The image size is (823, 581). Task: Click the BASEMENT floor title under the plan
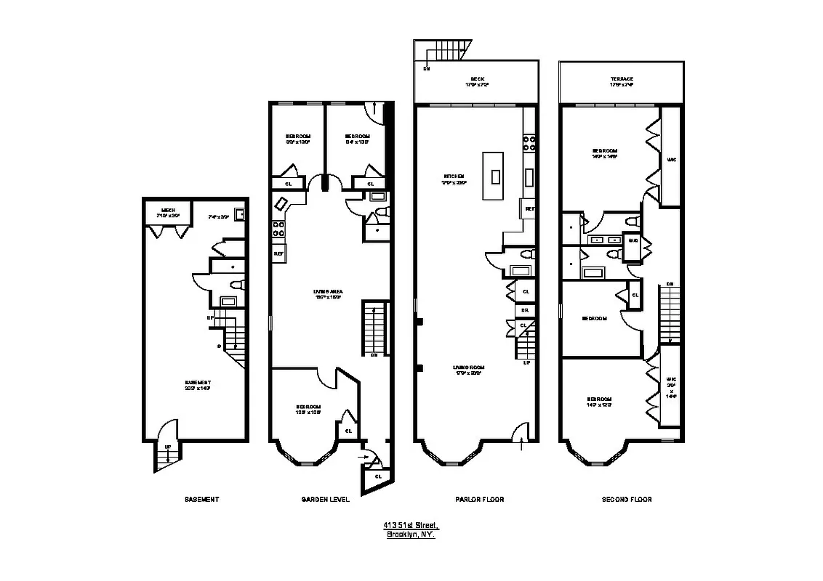(201, 500)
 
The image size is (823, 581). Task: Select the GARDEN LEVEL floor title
(325, 500)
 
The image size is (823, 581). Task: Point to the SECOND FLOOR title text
(627, 500)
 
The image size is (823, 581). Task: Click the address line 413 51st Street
(411, 525)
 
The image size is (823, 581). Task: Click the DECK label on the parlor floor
(477, 79)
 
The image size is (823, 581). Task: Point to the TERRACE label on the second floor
(622, 79)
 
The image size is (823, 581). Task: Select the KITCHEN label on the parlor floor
(454, 176)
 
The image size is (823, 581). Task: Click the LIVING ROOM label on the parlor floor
(470, 367)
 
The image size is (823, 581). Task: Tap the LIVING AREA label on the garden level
(329, 292)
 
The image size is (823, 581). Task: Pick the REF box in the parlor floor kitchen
(529, 209)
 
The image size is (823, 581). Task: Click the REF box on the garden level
(278, 253)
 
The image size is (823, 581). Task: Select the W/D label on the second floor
(633, 240)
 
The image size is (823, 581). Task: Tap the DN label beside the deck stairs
(426, 68)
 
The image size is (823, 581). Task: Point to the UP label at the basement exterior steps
(168, 447)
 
